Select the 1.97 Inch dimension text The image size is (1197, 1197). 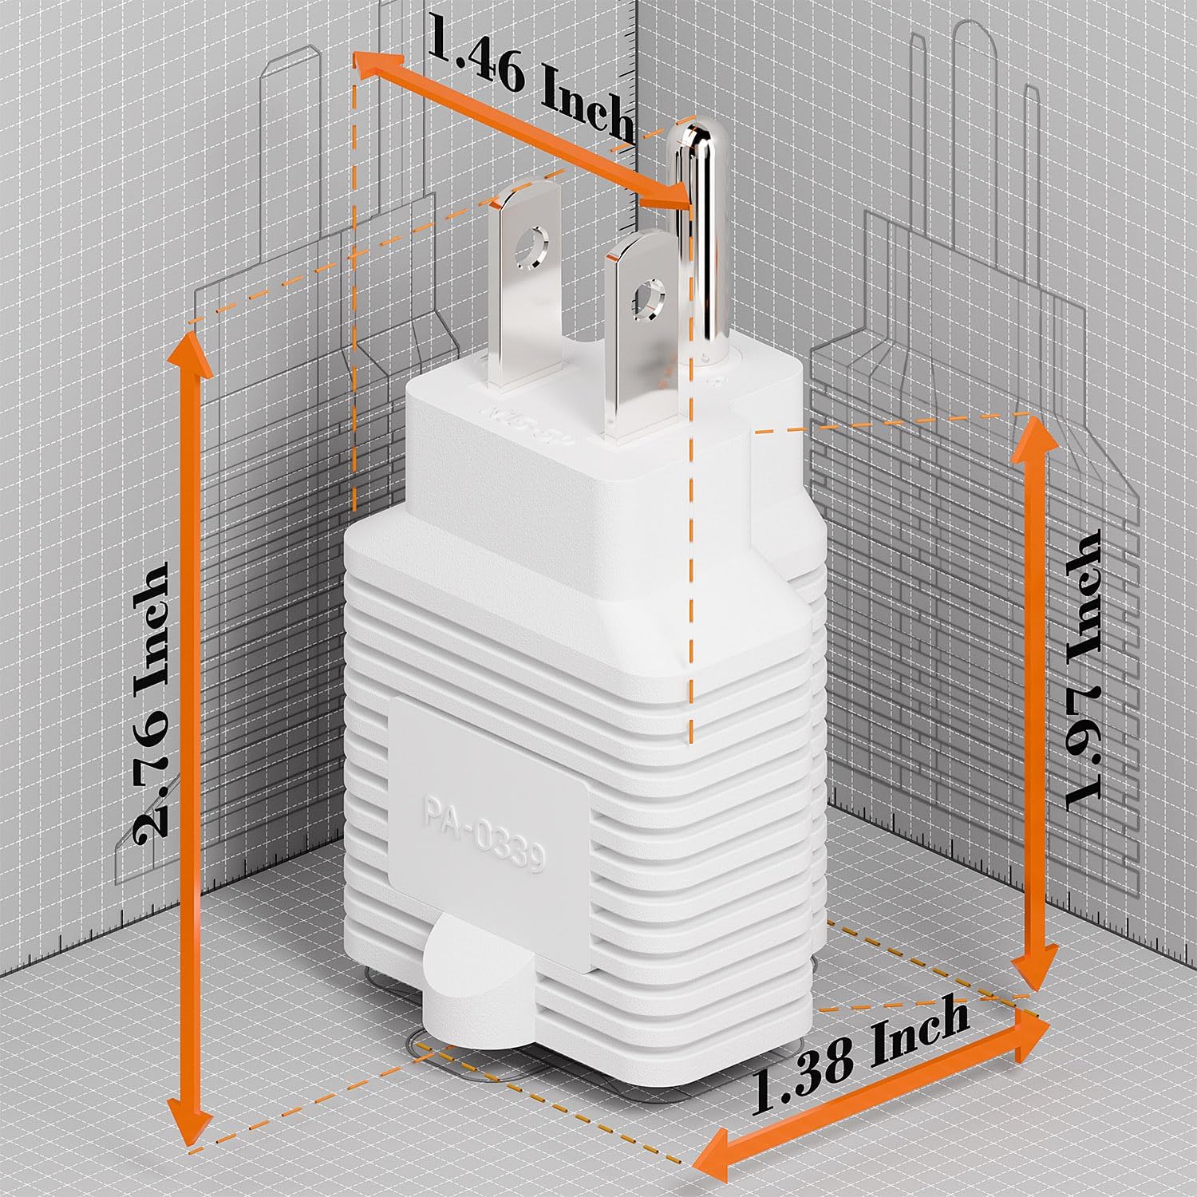click(x=1081, y=666)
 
